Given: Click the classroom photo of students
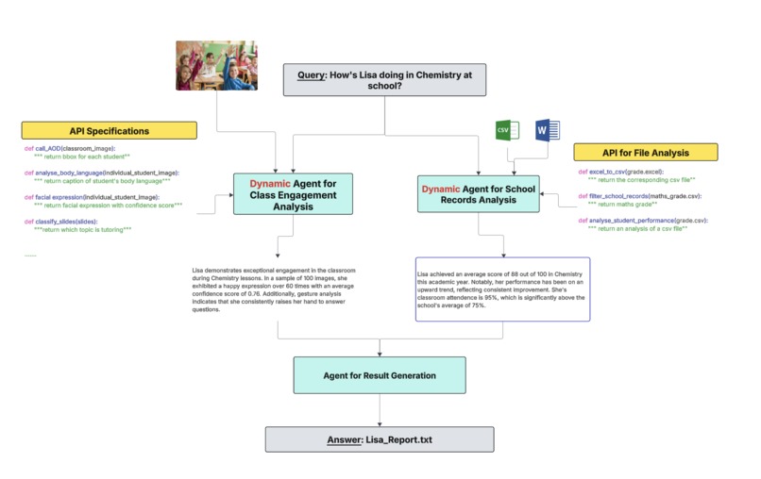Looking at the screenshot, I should point(216,64).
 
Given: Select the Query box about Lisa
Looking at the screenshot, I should point(385,79).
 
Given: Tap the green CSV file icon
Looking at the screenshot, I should point(507,130).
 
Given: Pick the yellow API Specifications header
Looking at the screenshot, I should point(110,131).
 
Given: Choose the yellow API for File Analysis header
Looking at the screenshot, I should point(646,152).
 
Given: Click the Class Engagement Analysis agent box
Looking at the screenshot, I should point(280,193).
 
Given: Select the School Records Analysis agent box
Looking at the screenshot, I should point(479,195).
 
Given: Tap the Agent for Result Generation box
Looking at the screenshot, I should point(380,374).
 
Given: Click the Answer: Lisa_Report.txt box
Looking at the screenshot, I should point(380,438).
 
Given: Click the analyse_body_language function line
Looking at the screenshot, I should point(101,173).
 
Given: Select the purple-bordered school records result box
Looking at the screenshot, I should point(502,289).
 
